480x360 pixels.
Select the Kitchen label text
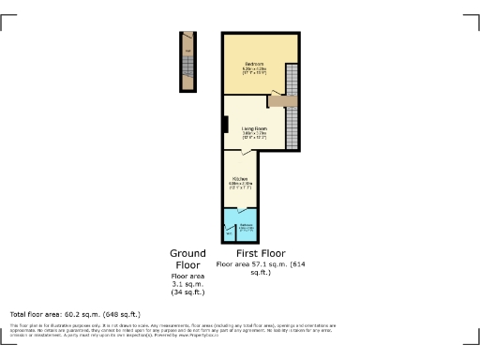pyautogui.click(x=240, y=178)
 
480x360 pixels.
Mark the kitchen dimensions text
pyautogui.click(x=240, y=186)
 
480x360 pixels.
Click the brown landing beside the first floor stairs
pyautogui.click(x=281, y=99)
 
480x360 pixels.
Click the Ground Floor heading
pyautogui.click(x=187, y=260)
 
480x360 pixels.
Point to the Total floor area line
pyautogui.click(x=75, y=314)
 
